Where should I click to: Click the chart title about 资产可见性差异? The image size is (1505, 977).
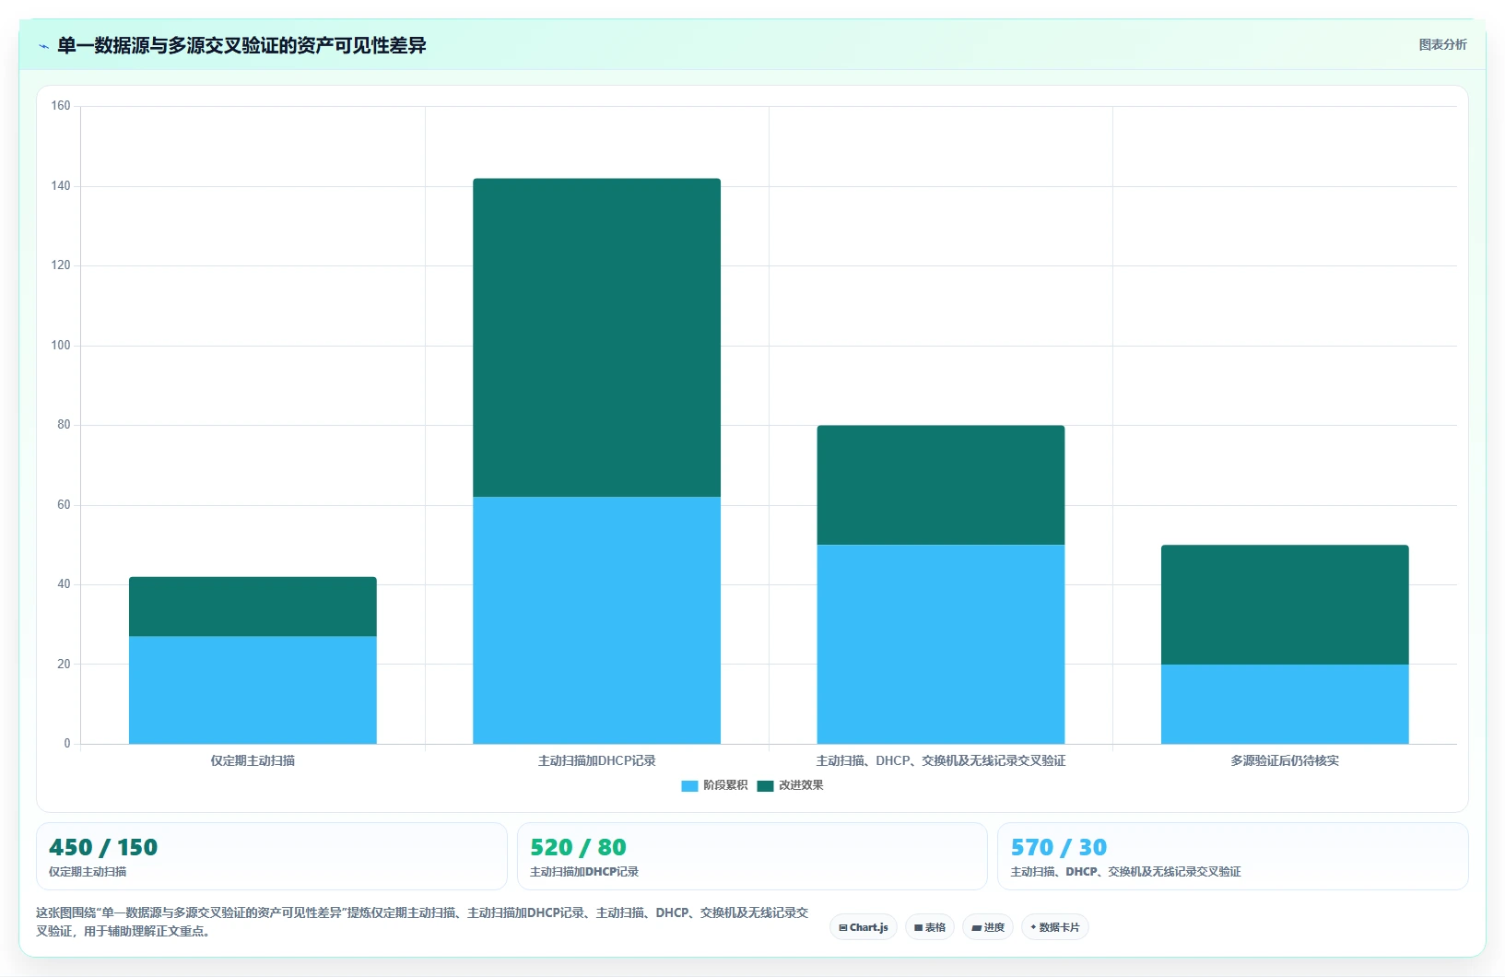coord(241,46)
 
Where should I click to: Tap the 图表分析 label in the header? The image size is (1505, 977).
coord(1442,45)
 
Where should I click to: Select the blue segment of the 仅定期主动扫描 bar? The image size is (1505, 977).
coord(253,690)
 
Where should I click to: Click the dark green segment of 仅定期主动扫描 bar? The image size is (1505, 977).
coord(253,606)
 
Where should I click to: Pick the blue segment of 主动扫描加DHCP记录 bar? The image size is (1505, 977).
coord(596,620)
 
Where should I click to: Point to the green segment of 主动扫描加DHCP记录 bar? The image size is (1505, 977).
coord(596,338)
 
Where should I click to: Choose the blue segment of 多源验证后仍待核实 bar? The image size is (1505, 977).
coord(1285,704)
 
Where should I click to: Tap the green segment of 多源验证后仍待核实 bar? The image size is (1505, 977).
coord(1285,605)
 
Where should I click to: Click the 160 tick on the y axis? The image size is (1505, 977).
coord(61,105)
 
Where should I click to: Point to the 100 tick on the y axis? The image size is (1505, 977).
coord(61,346)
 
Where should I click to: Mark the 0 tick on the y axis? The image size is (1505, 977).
coord(67,743)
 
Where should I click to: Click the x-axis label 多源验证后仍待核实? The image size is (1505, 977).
coord(1285,760)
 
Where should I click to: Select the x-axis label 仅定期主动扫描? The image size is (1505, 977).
coord(253,760)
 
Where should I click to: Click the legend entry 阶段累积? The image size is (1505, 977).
coord(715,785)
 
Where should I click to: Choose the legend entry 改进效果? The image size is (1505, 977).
coord(790,785)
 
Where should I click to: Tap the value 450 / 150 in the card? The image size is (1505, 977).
coord(103,847)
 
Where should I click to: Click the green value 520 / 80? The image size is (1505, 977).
coord(578,847)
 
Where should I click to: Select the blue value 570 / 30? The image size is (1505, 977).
coord(1058,847)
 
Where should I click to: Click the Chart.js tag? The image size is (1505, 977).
coord(864,927)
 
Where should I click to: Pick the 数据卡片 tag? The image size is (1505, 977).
coord(1055,927)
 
